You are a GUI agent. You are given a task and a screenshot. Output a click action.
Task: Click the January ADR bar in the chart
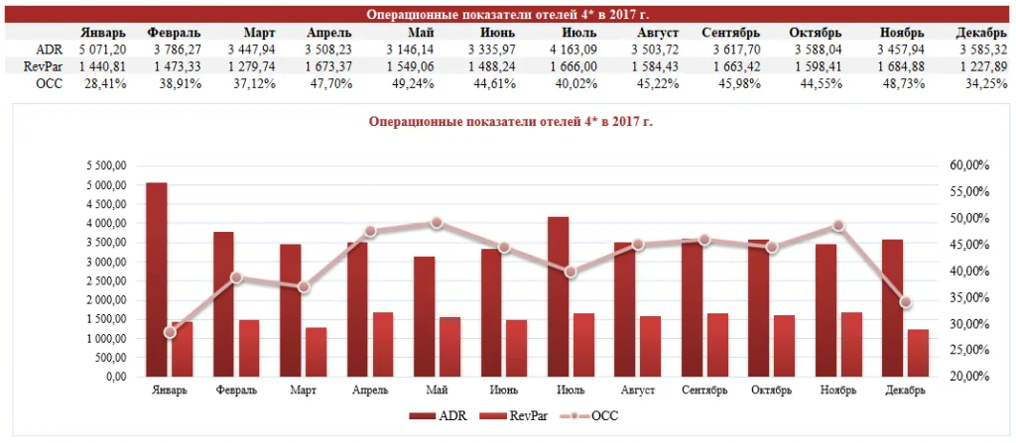(x=157, y=279)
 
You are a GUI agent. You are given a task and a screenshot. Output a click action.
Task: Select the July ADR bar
(x=558, y=296)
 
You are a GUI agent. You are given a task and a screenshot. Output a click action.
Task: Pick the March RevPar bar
(x=317, y=352)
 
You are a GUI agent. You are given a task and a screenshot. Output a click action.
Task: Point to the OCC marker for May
(x=437, y=223)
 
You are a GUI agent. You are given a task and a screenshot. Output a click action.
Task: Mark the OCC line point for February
(x=236, y=277)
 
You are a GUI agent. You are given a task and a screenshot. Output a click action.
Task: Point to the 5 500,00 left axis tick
(x=107, y=166)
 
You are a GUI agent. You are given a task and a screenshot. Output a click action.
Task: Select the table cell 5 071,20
(x=103, y=49)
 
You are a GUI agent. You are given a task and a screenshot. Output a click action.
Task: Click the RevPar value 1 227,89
(x=983, y=66)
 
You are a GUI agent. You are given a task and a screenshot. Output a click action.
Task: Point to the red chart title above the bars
(x=511, y=121)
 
